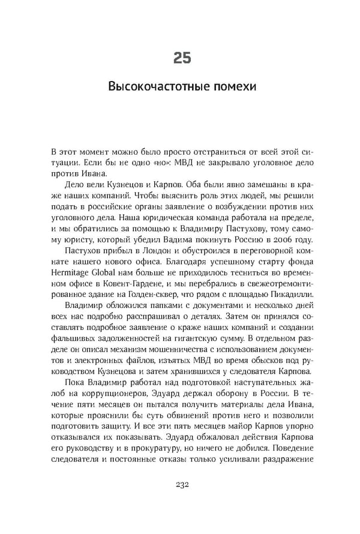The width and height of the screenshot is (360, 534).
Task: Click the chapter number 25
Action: coord(182,58)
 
